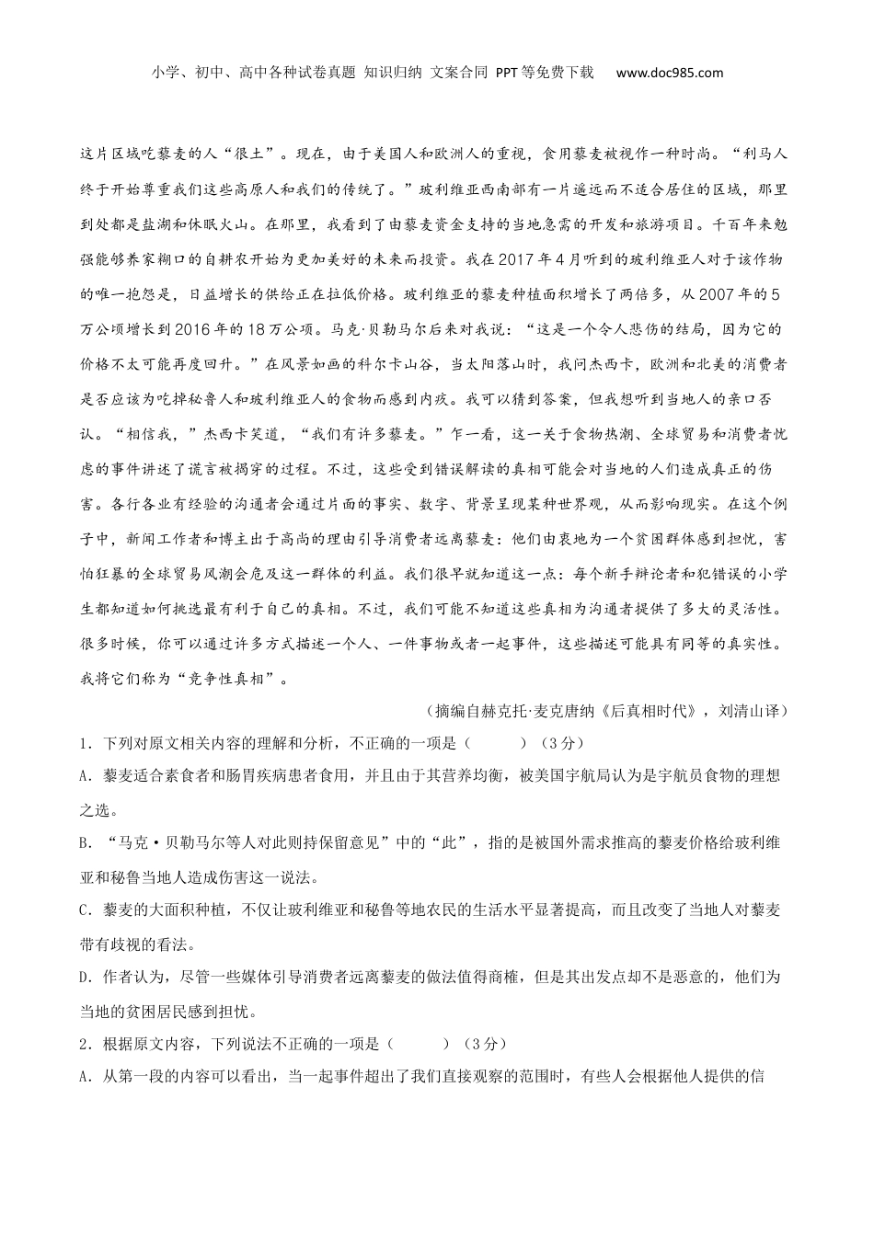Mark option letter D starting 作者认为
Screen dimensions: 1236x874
[85, 978]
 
